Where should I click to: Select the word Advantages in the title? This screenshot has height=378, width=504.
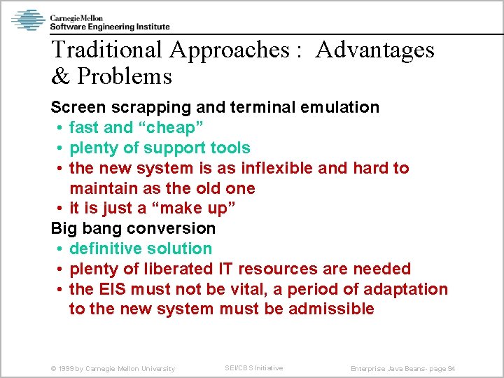[374, 50]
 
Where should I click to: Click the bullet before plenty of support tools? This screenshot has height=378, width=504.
[61, 148]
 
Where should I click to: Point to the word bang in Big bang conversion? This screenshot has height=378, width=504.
[104, 229]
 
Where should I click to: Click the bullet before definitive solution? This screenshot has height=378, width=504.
[61, 249]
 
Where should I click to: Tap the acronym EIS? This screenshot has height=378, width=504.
[113, 290]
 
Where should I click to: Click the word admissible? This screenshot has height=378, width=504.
[332, 309]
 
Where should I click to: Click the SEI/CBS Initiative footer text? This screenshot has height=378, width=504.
[253, 368]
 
